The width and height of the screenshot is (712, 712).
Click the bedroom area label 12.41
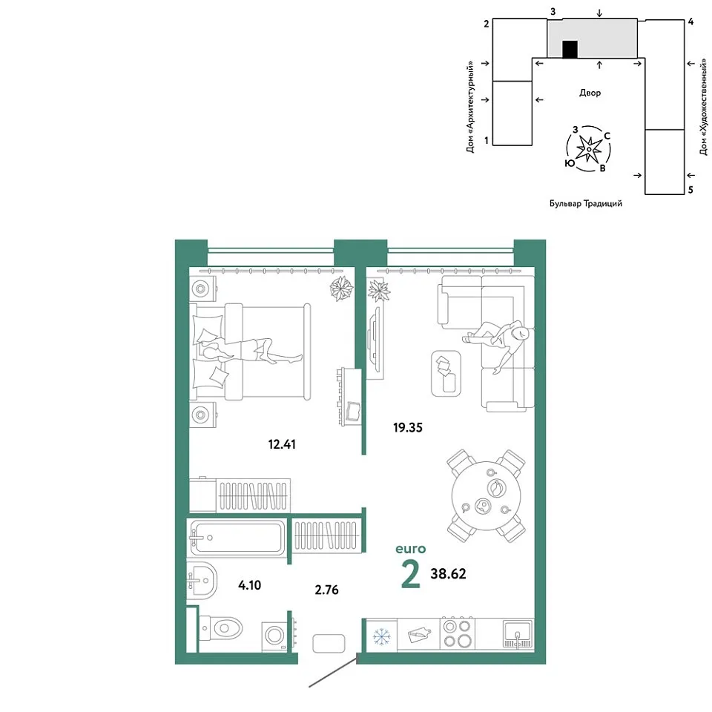tap(282, 444)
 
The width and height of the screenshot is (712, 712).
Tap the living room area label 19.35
tap(408, 427)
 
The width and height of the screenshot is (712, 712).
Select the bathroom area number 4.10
tap(250, 585)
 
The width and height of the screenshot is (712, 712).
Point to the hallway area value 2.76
tap(326, 590)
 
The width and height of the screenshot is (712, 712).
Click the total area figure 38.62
tap(448, 573)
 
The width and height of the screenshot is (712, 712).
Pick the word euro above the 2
tap(410, 549)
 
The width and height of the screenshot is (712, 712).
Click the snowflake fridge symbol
tap(381, 636)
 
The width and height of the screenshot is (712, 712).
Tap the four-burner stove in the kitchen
tap(458, 634)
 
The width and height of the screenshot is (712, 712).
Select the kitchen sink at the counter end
tap(518, 634)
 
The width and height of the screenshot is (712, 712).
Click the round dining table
tap(487, 496)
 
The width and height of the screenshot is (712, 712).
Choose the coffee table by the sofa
tap(446, 373)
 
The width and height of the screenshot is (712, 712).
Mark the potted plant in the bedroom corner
tap(341, 289)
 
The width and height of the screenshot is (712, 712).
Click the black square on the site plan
tap(570, 50)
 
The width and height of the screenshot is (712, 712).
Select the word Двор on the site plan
tap(590, 93)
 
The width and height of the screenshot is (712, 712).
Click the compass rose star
tap(589, 149)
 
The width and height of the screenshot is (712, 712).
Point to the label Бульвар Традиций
tap(586, 204)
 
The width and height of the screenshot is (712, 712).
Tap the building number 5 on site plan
tap(690, 189)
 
